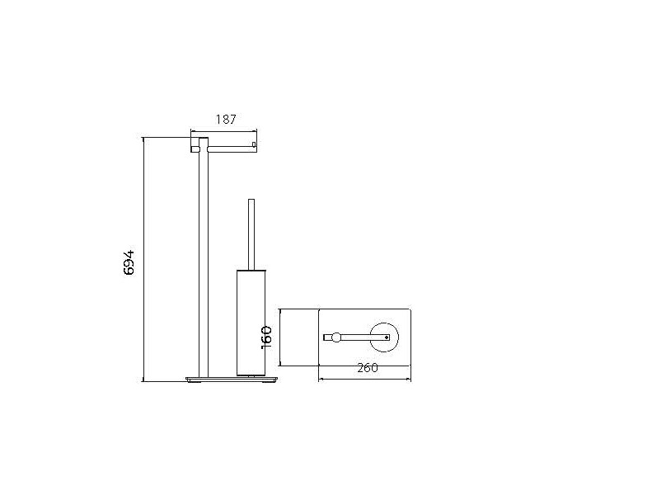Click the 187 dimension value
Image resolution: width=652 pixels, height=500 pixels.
[x=226, y=120]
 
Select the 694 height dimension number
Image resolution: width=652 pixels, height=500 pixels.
[x=129, y=262]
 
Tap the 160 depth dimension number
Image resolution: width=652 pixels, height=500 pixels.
[x=266, y=337]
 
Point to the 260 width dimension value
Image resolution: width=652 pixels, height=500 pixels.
[x=368, y=368]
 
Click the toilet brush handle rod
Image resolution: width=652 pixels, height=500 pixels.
[x=251, y=235]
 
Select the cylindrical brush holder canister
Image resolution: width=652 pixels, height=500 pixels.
[x=251, y=323]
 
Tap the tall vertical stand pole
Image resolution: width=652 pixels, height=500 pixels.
[x=204, y=257]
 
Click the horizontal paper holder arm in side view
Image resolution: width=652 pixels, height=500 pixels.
[x=231, y=147]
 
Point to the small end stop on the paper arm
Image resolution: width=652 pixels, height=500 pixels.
[x=253, y=145]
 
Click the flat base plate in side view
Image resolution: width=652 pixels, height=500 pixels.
[x=232, y=379]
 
